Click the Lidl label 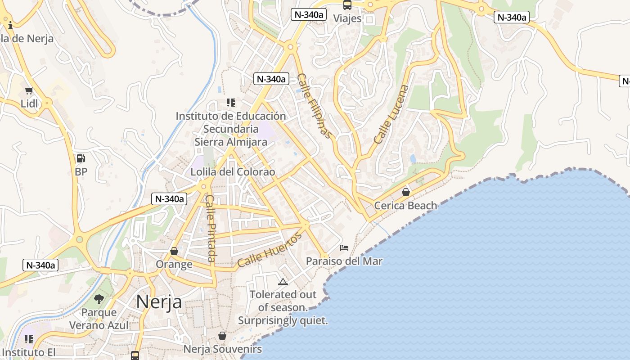point(29,103)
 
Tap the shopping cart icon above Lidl point(29,91)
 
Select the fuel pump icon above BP point(81,158)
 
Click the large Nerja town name point(159,301)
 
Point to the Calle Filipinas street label point(315,106)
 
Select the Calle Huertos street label point(269,250)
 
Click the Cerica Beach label point(405,206)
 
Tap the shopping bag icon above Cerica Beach point(406,192)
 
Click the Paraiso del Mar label point(344,261)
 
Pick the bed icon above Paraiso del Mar point(344,248)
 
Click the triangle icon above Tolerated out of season point(283,282)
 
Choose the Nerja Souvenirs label point(222,349)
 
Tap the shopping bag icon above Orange point(174,251)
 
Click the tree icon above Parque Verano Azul point(99,299)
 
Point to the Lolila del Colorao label point(233,172)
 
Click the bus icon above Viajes point(347,5)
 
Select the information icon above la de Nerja point(10,25)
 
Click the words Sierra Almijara point(231,142)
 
